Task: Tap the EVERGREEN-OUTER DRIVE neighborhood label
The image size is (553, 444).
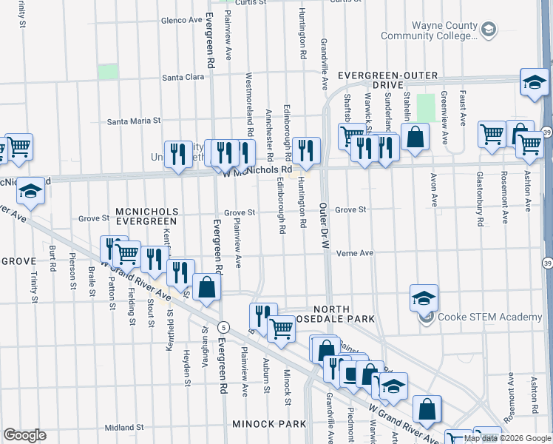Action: coord(388,81)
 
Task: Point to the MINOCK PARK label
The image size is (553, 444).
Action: coord(268,424)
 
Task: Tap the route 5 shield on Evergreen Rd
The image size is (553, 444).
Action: coord(223,327)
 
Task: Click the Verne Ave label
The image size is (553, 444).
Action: coord(355,253)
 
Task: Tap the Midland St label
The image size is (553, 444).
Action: coord(123,428)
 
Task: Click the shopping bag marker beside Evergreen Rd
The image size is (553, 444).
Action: coord(207,287)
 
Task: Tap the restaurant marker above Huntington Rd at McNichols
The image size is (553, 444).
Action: coord(305,150)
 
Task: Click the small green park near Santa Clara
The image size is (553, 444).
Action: coord(108,72)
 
